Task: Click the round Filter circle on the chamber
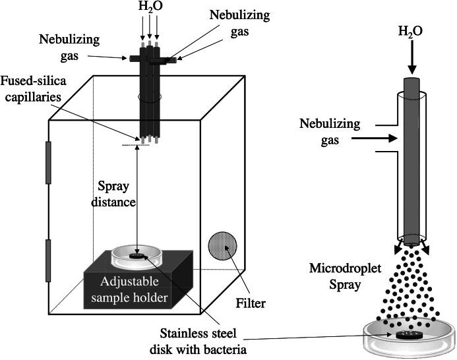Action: pyautogui.click(x=223, y=247)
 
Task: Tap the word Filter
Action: pyautogui.click(x=251, y=303)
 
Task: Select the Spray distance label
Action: pyautogui.click(x=113, y=194)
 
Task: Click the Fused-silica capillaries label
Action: pyautogui.click(x=33, y=89)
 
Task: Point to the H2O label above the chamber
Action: pyautogui.click(x=150, y=7)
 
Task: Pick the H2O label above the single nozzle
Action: pyautogui.click(x=410, y=31)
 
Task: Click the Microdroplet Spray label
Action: pyautogui.click(x=345, y=276)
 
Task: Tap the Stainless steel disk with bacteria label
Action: pyautogui.click(x=198, y=342)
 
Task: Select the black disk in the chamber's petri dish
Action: pyautogui.click(x=137, y=256)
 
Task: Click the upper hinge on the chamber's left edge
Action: pyautogui.click(x=48, y=163)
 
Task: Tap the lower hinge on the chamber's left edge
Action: pyautogui.click(x=48, y=260)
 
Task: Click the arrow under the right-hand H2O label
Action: pyautogui.click(x=411, y=57)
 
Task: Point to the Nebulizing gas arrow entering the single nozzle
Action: pyautogui.click(x=374, y=138)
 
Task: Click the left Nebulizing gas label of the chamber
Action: pyautogui.click(x=69, y=47)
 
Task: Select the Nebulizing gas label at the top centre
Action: pyautogui.click(x=239, y=23)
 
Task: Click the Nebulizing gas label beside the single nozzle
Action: pyautogui.click(x=330, y=131)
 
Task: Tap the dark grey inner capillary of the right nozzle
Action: pyautogui.click(x=411, y=161)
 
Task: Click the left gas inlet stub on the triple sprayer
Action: pyautogui.click(x=135, y=58)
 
